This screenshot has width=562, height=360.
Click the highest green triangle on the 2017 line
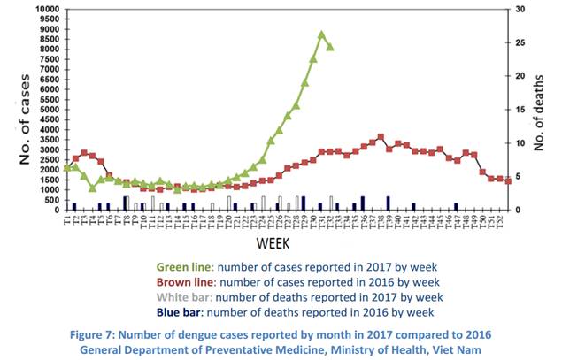(322, 34)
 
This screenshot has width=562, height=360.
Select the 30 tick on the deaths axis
(521, 9)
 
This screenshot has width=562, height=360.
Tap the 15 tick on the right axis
(521, 110)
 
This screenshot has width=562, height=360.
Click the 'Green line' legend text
(186, 264)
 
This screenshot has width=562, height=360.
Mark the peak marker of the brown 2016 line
(381, 137)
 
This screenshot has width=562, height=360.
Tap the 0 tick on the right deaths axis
(518, 211)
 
